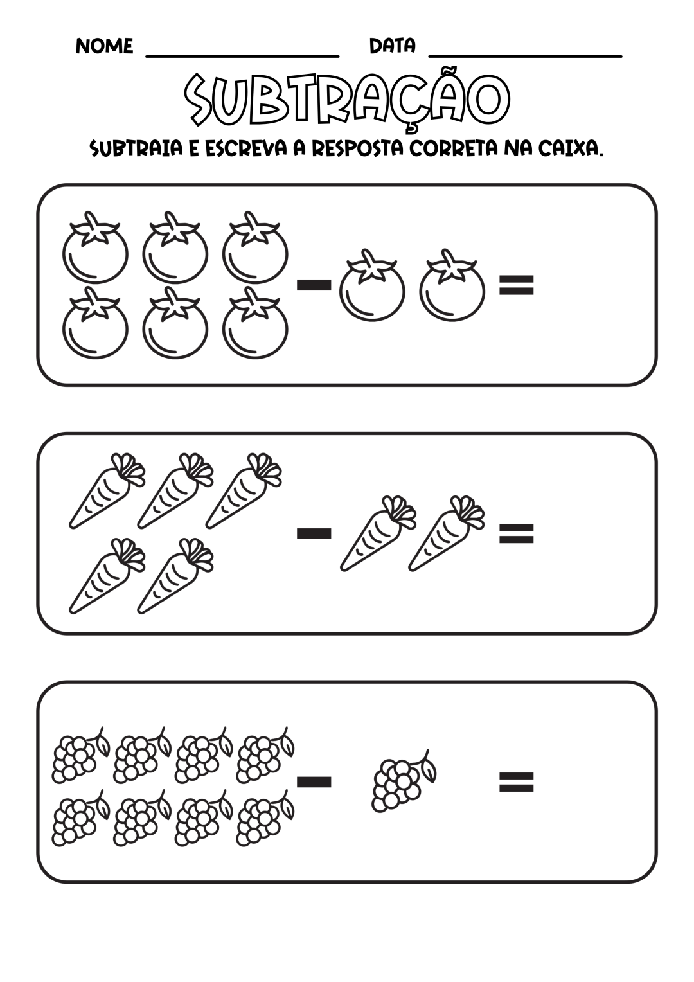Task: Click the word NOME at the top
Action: [x=104, y=46]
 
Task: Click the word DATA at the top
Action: [x=393, y=46]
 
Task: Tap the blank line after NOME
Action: [x=242, y=56]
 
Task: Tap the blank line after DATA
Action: [x=525, y=56]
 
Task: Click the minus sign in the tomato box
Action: [x=314, y=285]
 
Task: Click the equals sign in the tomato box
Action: [x=517, y=285]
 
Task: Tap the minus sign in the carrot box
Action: [x=314, y=533]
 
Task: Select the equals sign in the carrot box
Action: [x=517, y=533]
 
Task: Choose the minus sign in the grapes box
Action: [x=314, y=782]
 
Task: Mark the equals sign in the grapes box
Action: [x=517, y=782]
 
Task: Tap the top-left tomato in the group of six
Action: [x=95, y=247]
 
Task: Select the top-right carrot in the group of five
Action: [x=244, y=490]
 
